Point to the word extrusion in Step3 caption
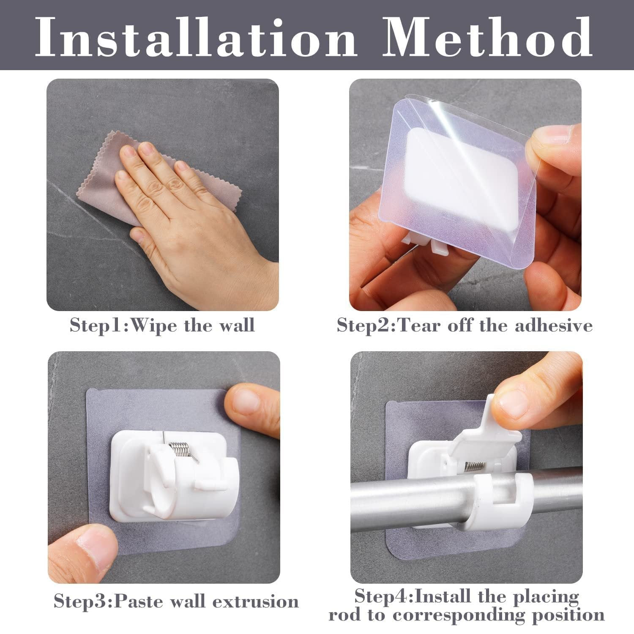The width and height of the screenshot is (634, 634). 255,601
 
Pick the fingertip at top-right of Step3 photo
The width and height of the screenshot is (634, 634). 249,406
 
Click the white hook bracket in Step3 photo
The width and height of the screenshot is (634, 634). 169,478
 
